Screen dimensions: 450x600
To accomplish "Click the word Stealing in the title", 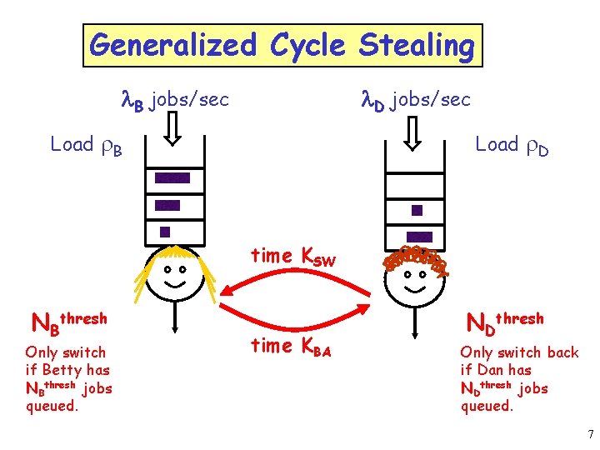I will tap(416, 44).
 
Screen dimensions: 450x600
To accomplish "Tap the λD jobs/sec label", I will tap(415, 100).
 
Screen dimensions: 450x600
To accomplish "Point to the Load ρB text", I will tap(87, 145).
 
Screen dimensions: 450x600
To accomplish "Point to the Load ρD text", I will tap(511, 145).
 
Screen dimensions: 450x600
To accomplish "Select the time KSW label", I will tap(293, 257).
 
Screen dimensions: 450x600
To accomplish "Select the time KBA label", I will tap(291, 346).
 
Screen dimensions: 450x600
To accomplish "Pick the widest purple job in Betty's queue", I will tap(172, 177).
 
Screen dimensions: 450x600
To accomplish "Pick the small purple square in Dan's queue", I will tap(417, 210).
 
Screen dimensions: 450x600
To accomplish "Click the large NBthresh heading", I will tap(69, 321).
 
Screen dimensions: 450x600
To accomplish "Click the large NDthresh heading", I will tap(504, 320).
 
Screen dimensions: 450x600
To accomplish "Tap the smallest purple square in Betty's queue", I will tap(165, 232).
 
